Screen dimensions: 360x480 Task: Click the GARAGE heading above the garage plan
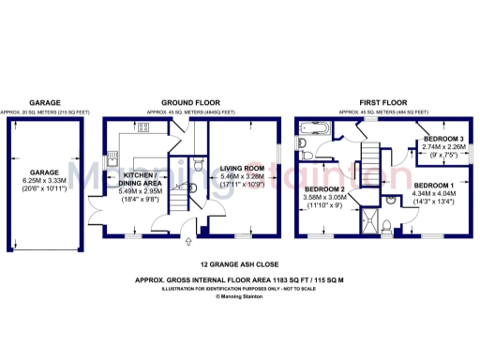[x=45, y=102]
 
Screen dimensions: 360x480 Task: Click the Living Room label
[x=244, y=169]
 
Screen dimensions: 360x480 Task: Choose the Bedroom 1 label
[x=435, y=184]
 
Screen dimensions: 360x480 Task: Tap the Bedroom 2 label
[x=324, y=189]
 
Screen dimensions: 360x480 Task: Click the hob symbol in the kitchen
[x=145, y=127]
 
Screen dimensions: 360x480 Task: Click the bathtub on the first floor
[x=314, y=127]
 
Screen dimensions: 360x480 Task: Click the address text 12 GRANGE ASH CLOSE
[x=240, y=265]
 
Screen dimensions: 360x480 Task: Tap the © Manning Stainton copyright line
[x=240, y=296]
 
